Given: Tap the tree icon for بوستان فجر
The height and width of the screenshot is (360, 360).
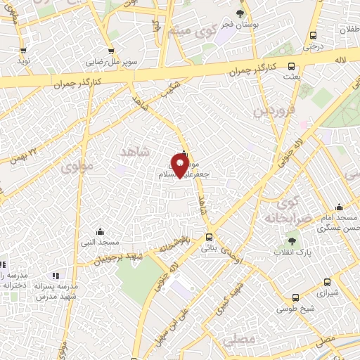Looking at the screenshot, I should pyautogui.click(x=240, y=13).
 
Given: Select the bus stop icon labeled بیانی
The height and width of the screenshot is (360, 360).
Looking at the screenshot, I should pyautogui.click(x=208, y=237).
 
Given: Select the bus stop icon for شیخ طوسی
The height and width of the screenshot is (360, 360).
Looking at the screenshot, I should pyautogui.click(x=295, y=297).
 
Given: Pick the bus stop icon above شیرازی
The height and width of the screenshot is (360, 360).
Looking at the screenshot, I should pyautogui.click(x=326, y=276).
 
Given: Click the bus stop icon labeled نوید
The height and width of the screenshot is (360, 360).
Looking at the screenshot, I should pyautogui.click(x=23, y=51).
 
